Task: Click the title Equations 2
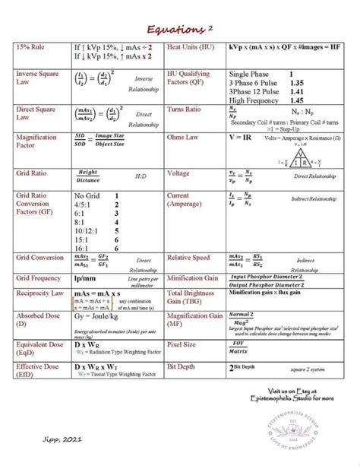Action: (x=180, y=27)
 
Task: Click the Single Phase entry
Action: (x=251, y=73)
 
